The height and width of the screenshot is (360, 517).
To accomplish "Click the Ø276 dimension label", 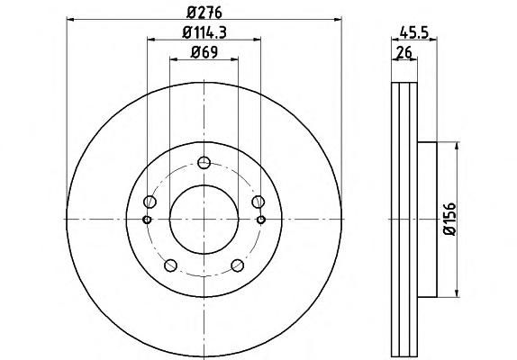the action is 204,13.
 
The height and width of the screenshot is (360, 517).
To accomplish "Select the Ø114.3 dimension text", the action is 204,32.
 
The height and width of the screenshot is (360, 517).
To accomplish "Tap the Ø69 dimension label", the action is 204,52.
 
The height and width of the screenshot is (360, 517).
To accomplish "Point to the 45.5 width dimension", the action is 413,32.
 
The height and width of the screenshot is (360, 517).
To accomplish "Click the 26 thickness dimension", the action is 404,52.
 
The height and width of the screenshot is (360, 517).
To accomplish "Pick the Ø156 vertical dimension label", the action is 450,219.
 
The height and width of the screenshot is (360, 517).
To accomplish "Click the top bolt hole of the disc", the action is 204,162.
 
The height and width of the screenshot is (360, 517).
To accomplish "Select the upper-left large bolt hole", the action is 150,202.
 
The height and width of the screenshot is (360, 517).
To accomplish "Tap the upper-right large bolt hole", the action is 258,202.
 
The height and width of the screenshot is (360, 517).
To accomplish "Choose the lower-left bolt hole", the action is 171,265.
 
